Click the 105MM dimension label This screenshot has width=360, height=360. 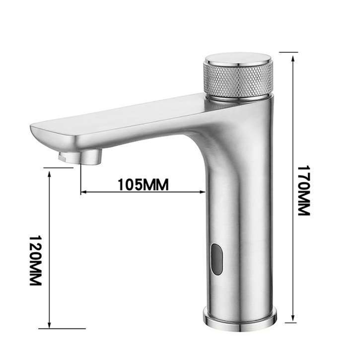[x=144, y=184]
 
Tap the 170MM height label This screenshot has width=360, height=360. [x=303, y=191]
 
